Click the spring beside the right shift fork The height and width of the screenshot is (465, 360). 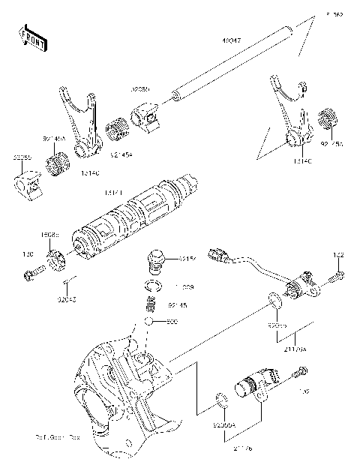click(x=326, y=119)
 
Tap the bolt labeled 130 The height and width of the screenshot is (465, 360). click(x=29, y=275)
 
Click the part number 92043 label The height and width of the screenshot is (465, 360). click(x=67, y=299)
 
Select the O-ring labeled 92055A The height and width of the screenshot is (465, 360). click(x=222, y=399)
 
